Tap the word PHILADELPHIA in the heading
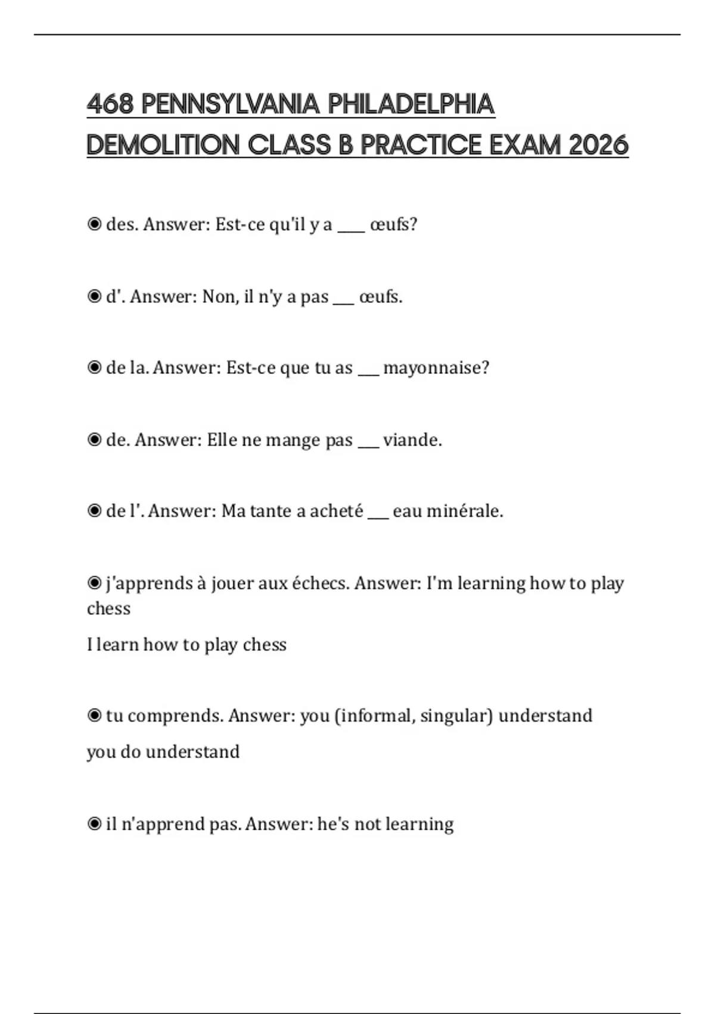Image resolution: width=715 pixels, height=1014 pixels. (x=411, y=104)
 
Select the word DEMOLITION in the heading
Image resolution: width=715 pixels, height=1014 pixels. (x=163, y=145)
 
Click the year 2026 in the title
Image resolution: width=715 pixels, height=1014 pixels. (x=598, y=145)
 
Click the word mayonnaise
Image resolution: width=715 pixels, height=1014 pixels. (x=436, y=368)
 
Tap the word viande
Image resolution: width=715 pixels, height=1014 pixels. (x=412, y=440)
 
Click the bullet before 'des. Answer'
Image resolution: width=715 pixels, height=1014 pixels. (x=94, y=224)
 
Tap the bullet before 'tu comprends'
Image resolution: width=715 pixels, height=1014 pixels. (x=94, y=715)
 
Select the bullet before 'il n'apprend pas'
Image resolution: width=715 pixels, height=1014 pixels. (x=94, y=824)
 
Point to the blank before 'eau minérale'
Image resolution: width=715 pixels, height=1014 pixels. (x=378, y=516)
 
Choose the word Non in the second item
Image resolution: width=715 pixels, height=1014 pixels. (x=219, y=296)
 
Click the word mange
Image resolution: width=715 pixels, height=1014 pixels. (x=293, y=440)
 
